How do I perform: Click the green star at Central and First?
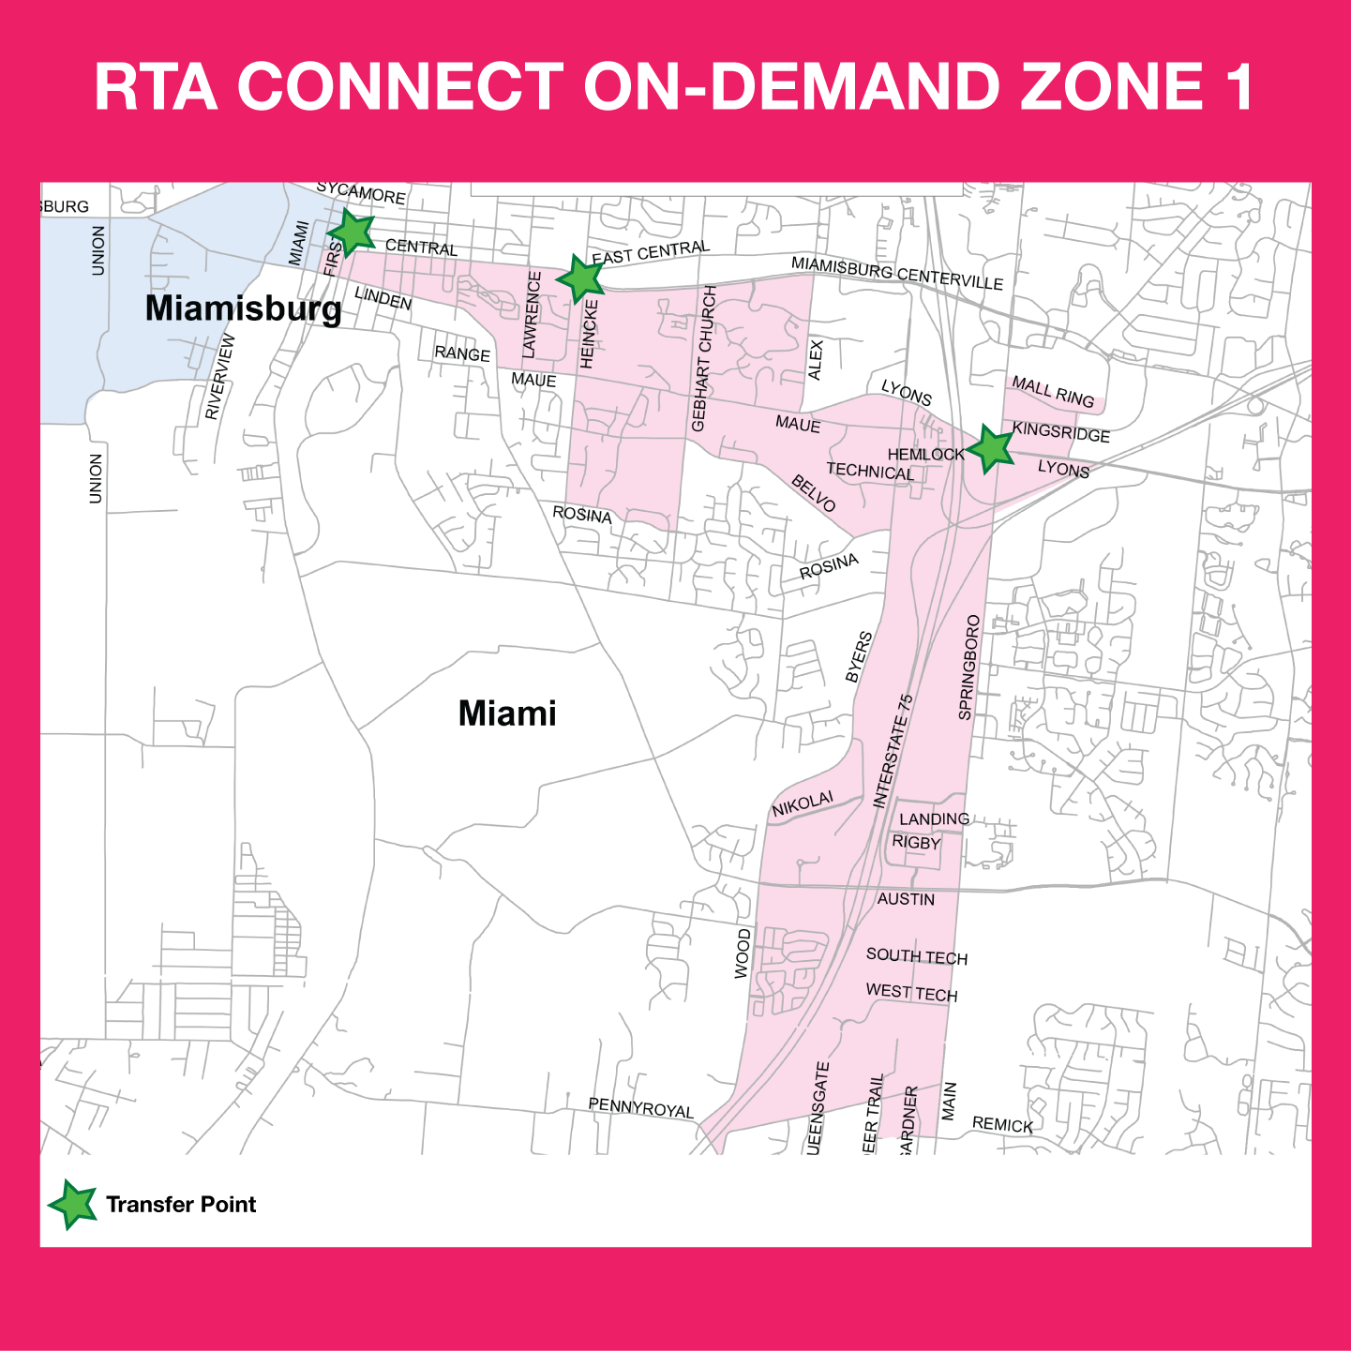(352, 233)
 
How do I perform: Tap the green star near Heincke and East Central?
(580, 278)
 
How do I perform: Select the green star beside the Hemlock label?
(990, 449)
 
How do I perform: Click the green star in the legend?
(72, 1205)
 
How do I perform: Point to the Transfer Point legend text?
(181, 1205)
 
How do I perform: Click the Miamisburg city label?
(244, 308)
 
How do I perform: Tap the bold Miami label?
(507, 713)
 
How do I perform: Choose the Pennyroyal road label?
(640, 1107)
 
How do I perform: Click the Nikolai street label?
(803, 804)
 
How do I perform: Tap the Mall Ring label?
(1053, 393)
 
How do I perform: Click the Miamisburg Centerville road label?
(897, 273)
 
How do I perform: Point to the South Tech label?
(916, 956)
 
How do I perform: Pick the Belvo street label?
(813, 493)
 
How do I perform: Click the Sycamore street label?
(361, 193)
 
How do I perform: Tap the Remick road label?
(1002, 1124)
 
